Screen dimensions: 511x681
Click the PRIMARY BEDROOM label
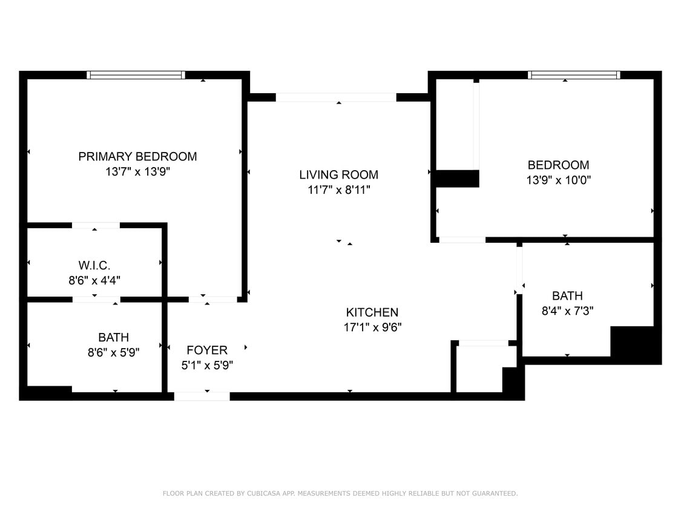137,156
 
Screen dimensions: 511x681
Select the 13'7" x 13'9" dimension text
137,172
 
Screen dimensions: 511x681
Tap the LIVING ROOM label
338,174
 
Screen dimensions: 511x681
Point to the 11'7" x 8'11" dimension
338,190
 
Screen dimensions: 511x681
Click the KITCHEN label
372,312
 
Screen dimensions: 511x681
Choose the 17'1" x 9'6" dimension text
372,328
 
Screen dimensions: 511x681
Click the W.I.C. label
94,265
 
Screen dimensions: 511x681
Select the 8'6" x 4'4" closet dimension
94,280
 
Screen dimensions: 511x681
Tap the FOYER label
207,350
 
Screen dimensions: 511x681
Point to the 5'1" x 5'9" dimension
207,365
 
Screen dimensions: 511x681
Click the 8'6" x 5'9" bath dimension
113,353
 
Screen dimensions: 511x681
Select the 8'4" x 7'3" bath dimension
567,311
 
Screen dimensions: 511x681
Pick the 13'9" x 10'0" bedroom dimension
558,180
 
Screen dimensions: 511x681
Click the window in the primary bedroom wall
136,75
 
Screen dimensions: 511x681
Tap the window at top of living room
336,97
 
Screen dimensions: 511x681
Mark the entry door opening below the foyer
202,397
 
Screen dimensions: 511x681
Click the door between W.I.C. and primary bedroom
96,226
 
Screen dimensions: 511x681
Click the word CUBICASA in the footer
263,493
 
